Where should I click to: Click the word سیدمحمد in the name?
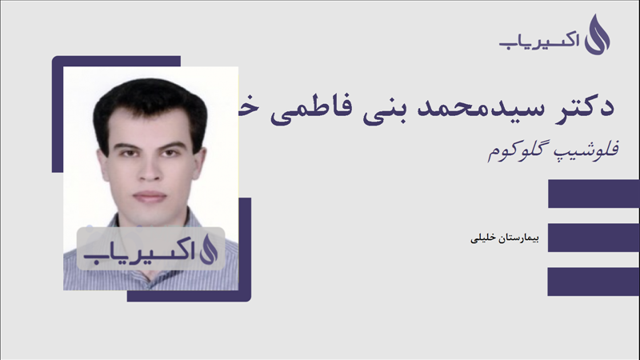[x=490, y=107]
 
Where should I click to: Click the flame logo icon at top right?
[x=598, y=34]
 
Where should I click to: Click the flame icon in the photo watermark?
[x=206, y=248]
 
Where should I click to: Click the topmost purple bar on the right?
[x=594, y=194]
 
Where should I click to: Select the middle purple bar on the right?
[x=594, y=237]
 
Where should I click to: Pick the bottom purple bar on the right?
[x=594, y=281]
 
